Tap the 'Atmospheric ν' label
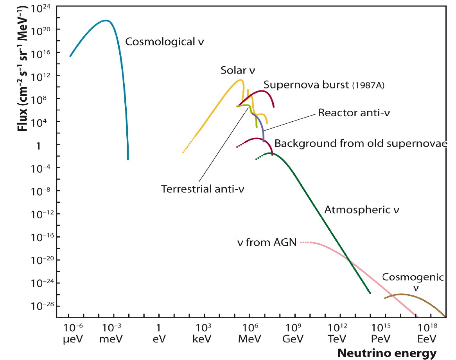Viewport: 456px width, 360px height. coord(362,210)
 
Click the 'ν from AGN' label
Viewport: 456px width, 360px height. coord(264,243)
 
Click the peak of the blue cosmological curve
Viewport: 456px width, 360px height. coord(105,20)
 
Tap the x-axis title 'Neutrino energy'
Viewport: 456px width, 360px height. coord(387,353)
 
